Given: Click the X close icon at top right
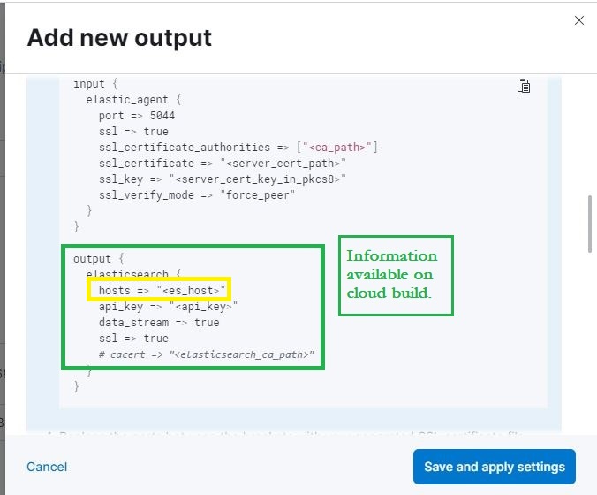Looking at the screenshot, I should click(579, 20).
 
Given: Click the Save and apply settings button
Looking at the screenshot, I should click(494, 467).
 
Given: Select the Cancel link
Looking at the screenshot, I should click(47, 467).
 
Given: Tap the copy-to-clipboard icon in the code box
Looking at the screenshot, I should click(523, 86).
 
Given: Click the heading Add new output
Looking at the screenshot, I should click(119, 38).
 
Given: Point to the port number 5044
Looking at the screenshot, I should click(162, 115).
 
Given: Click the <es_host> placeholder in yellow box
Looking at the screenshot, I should click(192, 290).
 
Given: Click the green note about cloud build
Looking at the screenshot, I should click(395, 274).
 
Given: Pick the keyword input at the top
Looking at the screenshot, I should click(88, 83).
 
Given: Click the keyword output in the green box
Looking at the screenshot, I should click(92, 259).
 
